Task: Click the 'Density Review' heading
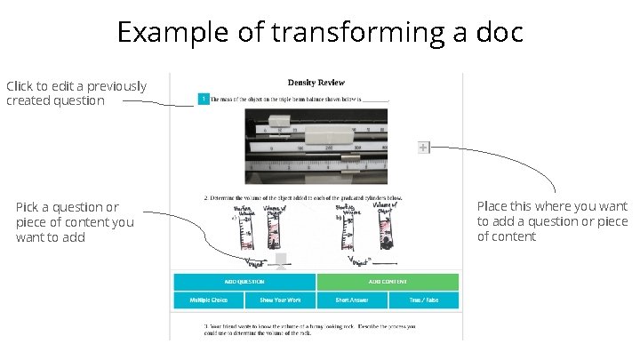[x=316, y=83]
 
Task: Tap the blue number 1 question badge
[x=204, y=99]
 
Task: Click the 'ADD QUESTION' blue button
[x=244, y=281]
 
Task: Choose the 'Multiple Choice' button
[x=209, y=300]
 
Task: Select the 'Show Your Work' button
[x=280, y=300]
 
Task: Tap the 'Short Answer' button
[x=352, y=300]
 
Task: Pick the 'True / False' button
[x=424, y=300]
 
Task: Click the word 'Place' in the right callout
[x=493, y=206]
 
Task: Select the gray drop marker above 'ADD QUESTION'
[x=282, y=260]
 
